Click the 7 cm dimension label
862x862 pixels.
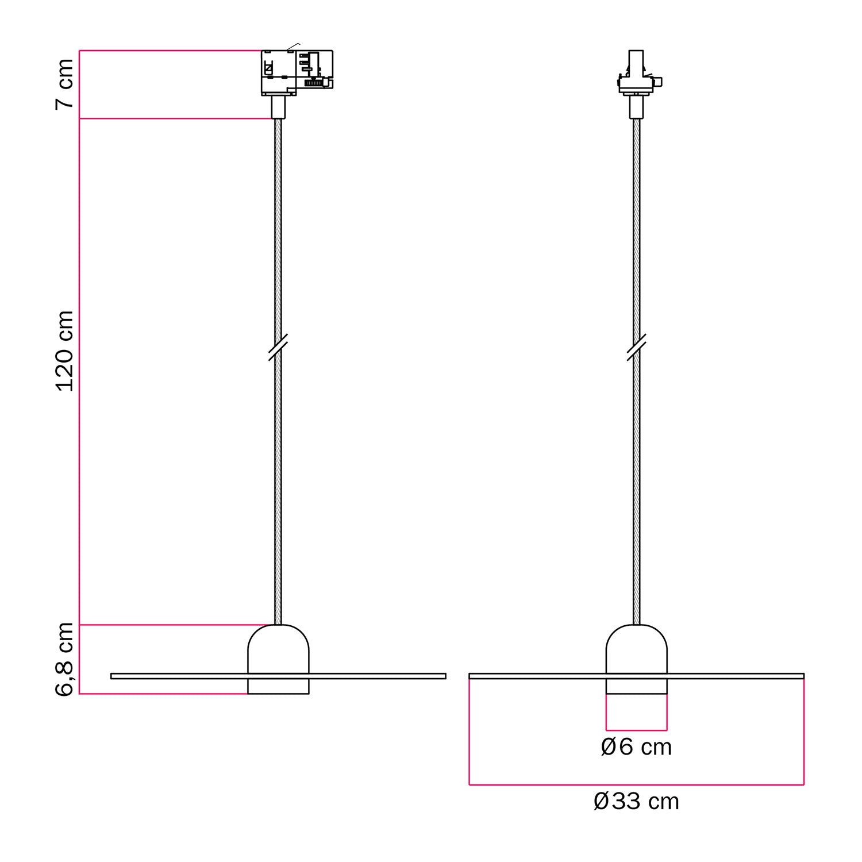[x=65, y=83]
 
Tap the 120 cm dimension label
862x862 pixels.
[x=65, y=351]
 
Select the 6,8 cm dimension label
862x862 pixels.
[x=65, y=659]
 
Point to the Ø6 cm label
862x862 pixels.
[x=636, y=746]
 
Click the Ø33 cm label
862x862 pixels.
[x=636, y=801]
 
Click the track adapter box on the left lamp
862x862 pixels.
[x=297, y=72]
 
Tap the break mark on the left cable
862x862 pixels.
[x=278, y=347]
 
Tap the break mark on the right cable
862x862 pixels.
[x=636, y=347]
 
